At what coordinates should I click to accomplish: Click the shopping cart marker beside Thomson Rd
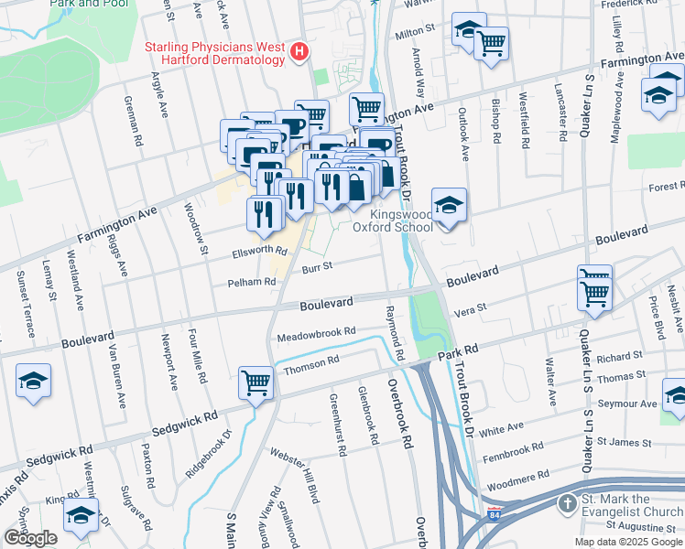pos(256,382)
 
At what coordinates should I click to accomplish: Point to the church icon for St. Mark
pos(568,504)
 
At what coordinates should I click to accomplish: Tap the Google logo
pos(30,538)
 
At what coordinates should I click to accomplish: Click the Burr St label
pos(317,266)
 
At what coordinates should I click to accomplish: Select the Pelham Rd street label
pos(257,283)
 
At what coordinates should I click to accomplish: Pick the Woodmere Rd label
pos(519,475)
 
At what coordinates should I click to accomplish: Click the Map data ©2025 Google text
pos(628,542)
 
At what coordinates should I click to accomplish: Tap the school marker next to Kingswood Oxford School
pos(449,207)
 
